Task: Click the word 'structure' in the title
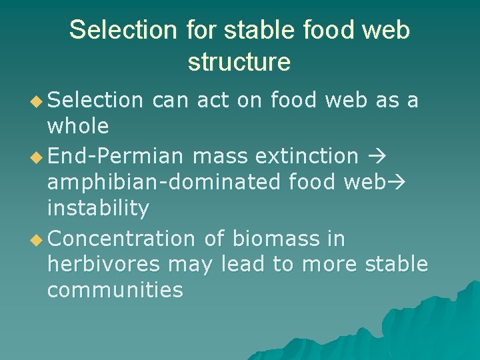click(x=239, y=61)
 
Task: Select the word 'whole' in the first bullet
click(x=77, y=126)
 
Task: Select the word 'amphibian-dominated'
click(x=150, y=182)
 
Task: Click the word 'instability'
click(x=98, y=208)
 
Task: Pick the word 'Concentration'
click(x=121, y=238)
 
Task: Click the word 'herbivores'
click(x=103, y=264)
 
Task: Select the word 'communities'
click(x=115, y=290)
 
